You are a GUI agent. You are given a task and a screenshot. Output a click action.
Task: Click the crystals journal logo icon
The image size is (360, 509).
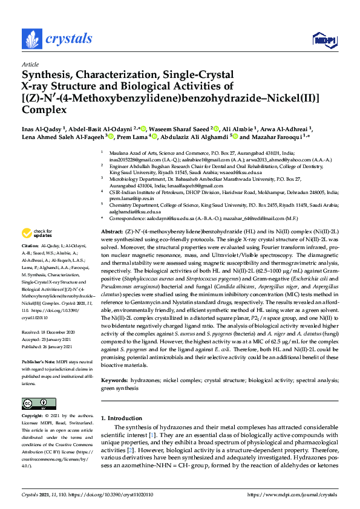pyautogui.click(x=30, y=39)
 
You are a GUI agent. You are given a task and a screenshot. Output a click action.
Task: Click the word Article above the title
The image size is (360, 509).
pyautogui.click(x=30, y=64)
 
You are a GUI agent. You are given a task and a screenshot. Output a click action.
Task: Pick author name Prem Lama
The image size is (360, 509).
pyautogui.click(x=118, y=137)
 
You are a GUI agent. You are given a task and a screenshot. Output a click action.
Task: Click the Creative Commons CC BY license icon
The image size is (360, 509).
pyautogui.click(x=39, y=403)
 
